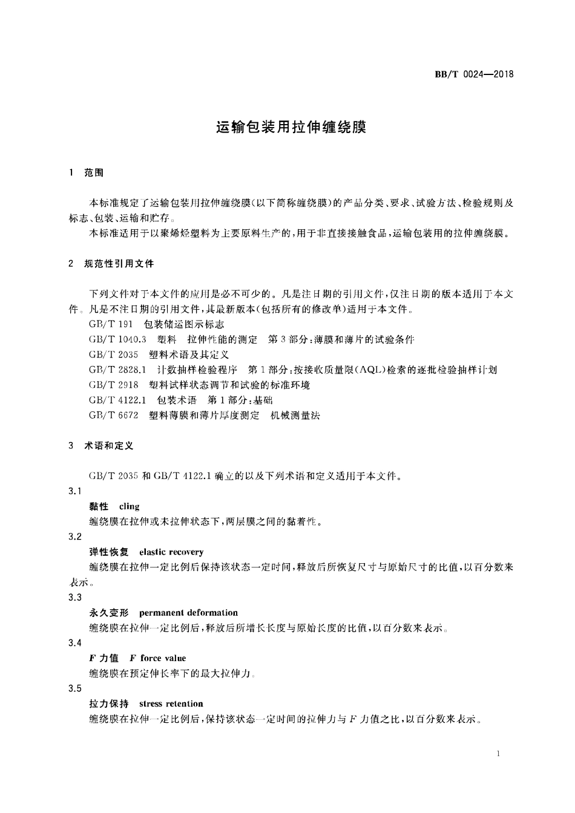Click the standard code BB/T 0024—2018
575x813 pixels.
[474, 74]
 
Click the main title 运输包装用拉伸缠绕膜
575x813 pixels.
[291, 128]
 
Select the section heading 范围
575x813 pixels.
[94, 173]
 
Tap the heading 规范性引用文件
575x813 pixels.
[119, 264]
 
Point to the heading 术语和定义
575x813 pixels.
[109, 446]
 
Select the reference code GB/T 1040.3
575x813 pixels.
[118, 339]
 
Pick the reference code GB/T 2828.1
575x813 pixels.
[118, 370]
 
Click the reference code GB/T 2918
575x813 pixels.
[113, 385]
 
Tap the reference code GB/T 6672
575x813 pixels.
[113, 415]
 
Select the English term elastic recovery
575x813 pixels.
[171, 552]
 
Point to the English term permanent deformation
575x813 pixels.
[188, 613]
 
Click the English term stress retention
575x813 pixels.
[171, 704]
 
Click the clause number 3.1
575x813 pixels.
[75, 491]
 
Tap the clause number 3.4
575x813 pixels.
[75, 643]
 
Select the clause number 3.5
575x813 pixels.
[75, 688]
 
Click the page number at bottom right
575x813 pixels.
[497, 754]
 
